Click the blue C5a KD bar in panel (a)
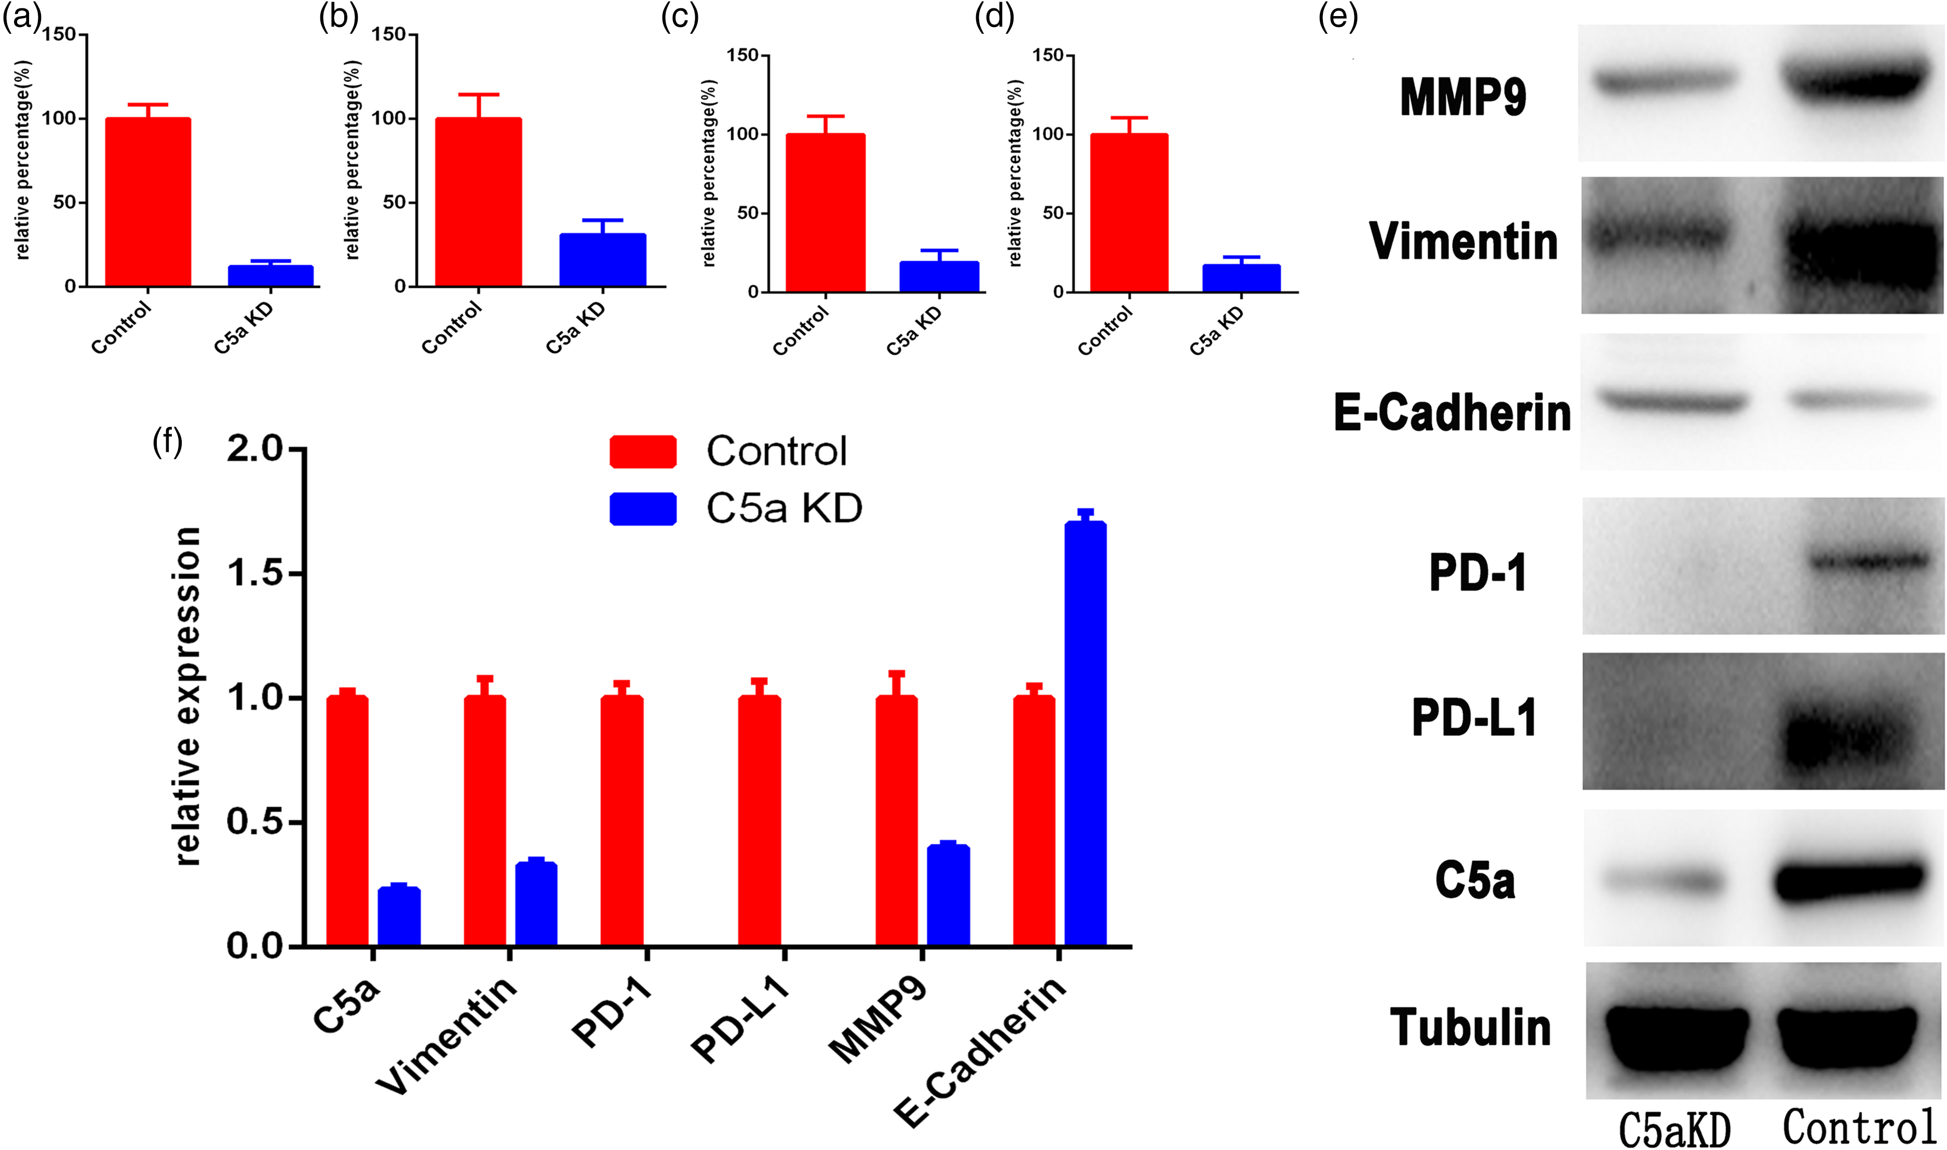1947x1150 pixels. (x=271, y=276)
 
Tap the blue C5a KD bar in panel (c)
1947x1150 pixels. (x=939, y=277)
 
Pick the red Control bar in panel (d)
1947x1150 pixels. (x=1129, y=213)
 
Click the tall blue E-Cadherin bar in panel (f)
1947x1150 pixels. (x=1086, y=734)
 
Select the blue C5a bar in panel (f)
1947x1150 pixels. (x=399, y=917)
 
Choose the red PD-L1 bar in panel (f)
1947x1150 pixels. (x=760, y=821)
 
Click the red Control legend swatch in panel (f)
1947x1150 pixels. (x=643, y=452)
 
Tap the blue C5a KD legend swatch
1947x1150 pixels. (x=643, y=509)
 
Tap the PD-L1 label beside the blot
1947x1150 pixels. (x=1475, y=718)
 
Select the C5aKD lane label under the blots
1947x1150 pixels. (x=1674, y=1130)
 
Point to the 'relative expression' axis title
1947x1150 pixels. (x=187, y=696)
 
